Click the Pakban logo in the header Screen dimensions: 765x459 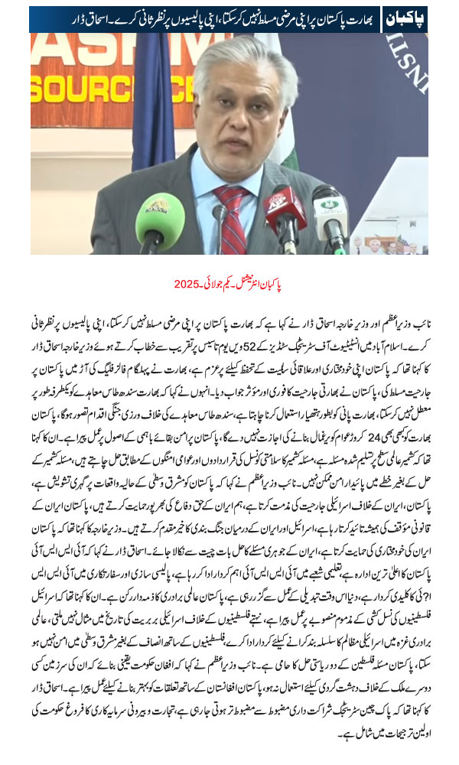(x=403, y=18)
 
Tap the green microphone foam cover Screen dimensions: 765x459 (x=160, y=222)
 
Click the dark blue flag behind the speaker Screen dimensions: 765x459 (x=152, y=84)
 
